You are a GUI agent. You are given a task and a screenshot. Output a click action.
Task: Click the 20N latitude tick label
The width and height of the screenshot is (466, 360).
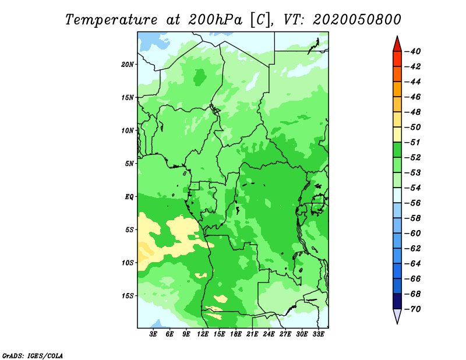pyautogui.click(x=128, y=64)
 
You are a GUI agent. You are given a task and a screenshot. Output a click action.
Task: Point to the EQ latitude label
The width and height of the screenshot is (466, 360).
pyautogui.click(x=129, y=196)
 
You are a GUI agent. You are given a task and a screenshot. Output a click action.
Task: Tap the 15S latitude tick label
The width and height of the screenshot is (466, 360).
pyautogui.click(x=128, y=295)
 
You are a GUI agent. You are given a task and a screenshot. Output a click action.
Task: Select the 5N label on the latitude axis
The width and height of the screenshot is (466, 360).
pyautogui.click(x=129, y=163)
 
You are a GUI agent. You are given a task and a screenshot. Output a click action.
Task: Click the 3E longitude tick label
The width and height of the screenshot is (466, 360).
pyautogui.click(x=153, y=334)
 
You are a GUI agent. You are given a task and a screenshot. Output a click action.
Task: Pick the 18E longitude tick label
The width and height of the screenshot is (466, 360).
pyautogui.click(x=236, y=334)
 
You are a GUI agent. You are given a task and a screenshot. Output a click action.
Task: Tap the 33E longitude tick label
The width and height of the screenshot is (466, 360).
pyautogui.click(x=318, y=334)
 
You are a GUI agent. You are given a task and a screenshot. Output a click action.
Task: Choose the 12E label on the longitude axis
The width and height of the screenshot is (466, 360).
pyautogui.click(x=203, y=334)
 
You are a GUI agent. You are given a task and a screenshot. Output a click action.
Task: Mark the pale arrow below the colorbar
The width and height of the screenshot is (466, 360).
pyautogui.click(x=397, y=315)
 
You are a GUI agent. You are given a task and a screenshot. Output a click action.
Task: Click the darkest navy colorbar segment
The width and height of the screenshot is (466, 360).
pyautogui.click(x=397, y=301)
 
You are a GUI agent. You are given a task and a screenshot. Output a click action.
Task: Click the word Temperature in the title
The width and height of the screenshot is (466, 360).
pyautogui.click(x=111, y=20)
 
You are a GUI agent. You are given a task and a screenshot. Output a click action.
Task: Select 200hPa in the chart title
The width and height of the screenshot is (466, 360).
pyautogui.click(x=215, y=20)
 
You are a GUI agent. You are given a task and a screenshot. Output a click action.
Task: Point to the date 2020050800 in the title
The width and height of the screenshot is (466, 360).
pyautogui.click(x=357, y=20)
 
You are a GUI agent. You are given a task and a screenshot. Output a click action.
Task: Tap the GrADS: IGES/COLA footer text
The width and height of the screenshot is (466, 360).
pyautogui.click(x=33, y=355)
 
